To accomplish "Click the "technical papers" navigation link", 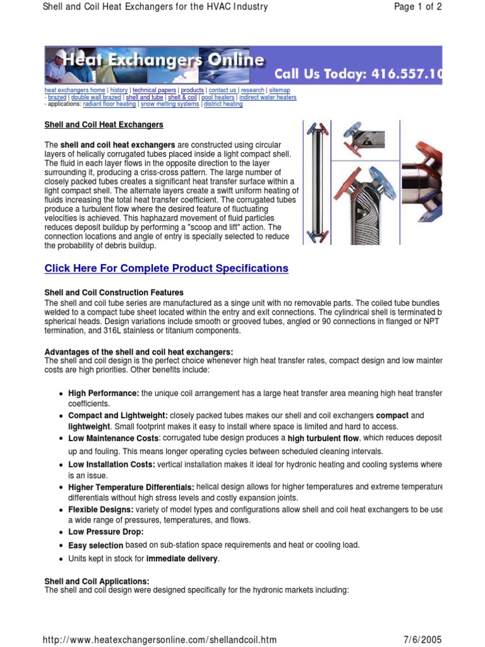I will click(153, 90).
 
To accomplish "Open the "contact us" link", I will click(222, 90).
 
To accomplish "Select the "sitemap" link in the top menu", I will click(279, 90).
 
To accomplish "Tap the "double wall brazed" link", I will click(97, 97).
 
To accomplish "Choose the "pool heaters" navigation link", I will click(218, 97).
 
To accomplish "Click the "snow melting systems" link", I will click(169, 104).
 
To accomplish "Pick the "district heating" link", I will click(223, 104).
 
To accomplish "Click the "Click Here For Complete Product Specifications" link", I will click(166, 268).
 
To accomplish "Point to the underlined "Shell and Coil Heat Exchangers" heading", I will click(104, 124).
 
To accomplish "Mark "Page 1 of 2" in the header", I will click(417, 7).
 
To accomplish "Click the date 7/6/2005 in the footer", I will click(422, 639).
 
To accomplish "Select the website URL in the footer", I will click(159, 639).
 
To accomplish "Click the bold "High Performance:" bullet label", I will click(104, 393).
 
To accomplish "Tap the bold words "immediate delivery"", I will click(182, 559).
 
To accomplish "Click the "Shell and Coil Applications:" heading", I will click(97, 581).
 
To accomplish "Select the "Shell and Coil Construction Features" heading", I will click(114, 293).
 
